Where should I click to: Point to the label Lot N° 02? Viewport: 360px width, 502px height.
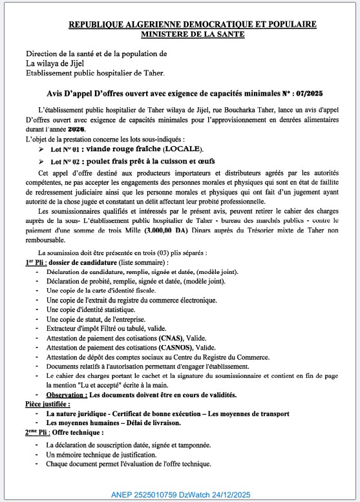tap(68, 161)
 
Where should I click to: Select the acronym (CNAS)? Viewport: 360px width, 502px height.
tap(169, 338)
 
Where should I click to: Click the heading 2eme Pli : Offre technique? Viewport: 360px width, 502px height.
tap(65, 432)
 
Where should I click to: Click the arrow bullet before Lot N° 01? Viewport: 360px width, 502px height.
tap(42, 149)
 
